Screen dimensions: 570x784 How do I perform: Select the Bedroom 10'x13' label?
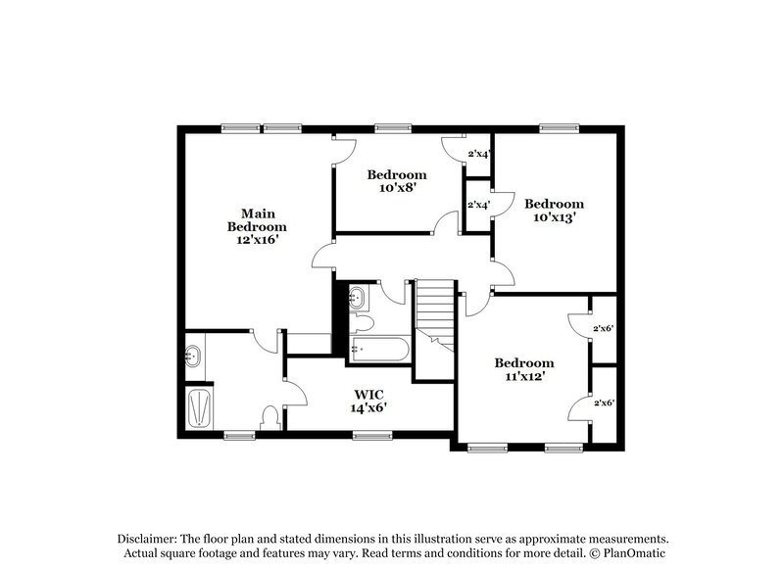(x=554, y=211)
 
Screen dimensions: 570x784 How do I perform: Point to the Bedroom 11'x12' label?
(x=523, y=369)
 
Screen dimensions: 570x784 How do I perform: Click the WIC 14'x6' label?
(x=369, y=402)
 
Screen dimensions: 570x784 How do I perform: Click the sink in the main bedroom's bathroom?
(x=193, y=356)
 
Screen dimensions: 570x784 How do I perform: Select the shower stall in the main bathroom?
(x=199, y=406)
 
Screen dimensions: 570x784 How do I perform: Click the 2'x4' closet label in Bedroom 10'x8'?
(x=477, y=154)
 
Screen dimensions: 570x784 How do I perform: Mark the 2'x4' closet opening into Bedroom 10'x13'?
(x=477, y=205)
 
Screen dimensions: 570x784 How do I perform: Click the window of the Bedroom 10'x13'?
(x=556, y=127)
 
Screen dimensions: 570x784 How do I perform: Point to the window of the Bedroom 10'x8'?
(x=392, y=127)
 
